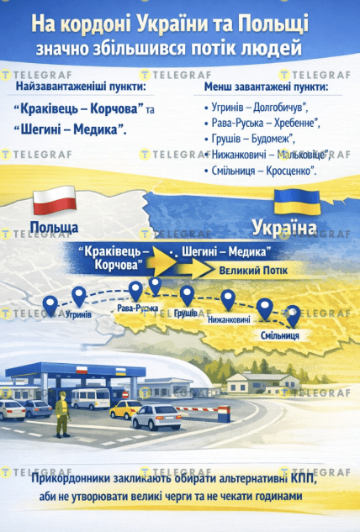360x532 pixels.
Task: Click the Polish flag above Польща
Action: (55, 201)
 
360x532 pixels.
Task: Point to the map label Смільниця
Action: (280, 334)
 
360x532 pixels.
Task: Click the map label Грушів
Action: (185, 313)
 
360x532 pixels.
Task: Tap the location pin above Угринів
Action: (79, 296)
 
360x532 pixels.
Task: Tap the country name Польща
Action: (54, 227)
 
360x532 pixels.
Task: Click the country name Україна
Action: (283, 228)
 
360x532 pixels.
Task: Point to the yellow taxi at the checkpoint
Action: (124, 409)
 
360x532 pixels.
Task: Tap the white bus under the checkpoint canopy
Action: (90, 398)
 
